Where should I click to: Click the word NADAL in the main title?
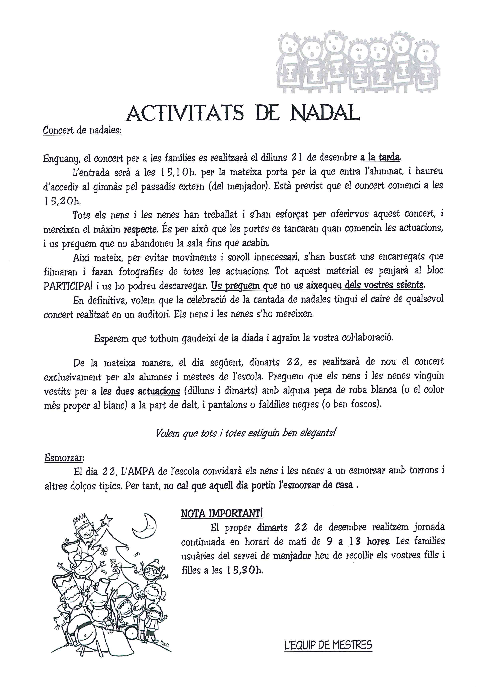coord(325,113)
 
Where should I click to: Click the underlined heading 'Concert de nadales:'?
coord(82,130)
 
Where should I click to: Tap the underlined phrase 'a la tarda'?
coord(380,157)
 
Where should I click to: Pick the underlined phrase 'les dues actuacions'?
coord(140,391)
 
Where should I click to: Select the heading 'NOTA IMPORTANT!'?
coord(222,514)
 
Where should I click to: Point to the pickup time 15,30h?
coord(244,570)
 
